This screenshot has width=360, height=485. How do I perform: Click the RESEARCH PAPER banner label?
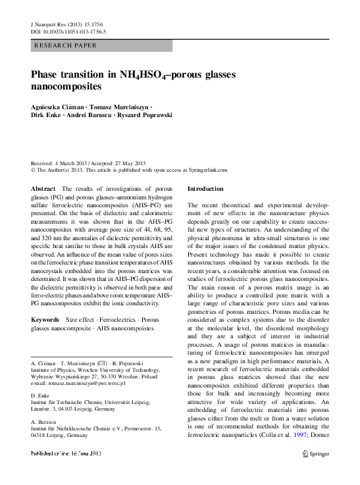pyautogui.click(x=65, y=45)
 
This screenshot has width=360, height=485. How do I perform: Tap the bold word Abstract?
pyautogui.click(x=43, y=188)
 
